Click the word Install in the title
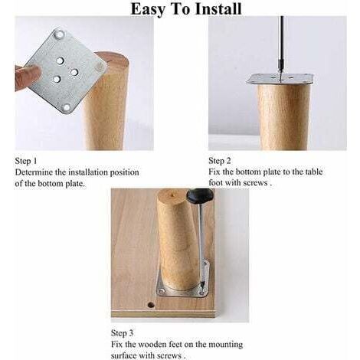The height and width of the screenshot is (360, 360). coord(218,9)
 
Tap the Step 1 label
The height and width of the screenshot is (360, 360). coord(26,161)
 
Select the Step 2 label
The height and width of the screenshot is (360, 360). coord(220,161)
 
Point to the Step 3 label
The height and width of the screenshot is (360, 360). coord(122,333)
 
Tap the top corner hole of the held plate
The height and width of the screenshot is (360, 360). coord(61,33)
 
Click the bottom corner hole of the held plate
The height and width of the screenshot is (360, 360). coord(67,107)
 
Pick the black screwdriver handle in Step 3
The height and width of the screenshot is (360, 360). coord(199,195)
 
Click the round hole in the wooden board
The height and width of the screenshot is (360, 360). coord(151,305)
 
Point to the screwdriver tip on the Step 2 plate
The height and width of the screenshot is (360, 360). coord(280,79)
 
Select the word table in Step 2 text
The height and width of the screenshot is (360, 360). coord(315,172)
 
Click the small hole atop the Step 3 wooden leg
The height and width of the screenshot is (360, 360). coord(173,196)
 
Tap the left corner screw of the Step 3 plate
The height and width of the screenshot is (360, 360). coord(162,290)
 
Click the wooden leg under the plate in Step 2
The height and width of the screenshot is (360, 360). coord(284,117)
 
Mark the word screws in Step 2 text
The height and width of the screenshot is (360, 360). coord(255,183)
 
